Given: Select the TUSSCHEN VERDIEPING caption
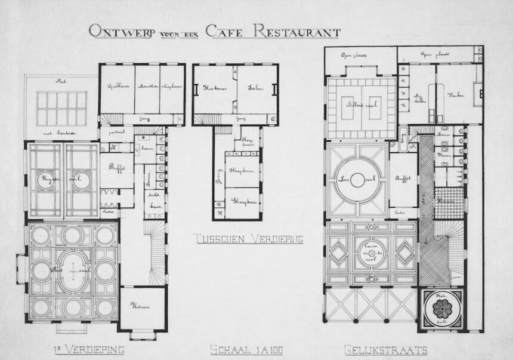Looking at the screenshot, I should click(248, 239).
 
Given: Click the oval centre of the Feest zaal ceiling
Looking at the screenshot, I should click(72, 270).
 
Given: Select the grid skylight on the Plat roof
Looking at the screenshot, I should click(61, 107).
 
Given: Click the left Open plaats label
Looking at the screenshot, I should click(354, 54).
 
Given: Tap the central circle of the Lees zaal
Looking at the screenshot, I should click(357, 178).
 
